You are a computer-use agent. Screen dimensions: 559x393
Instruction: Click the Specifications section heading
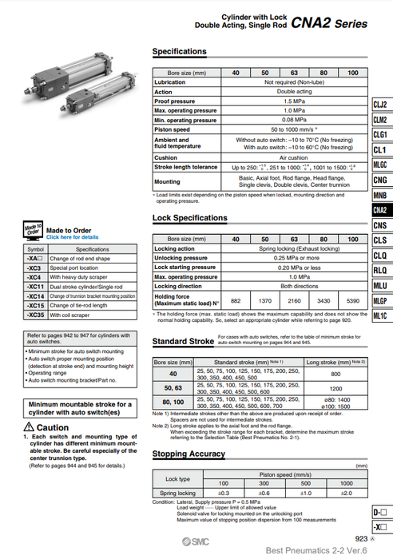179,52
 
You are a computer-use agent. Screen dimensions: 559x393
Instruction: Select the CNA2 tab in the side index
380,210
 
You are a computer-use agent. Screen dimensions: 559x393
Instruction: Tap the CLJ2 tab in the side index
380,105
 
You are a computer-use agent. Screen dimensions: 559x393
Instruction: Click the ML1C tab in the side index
380,315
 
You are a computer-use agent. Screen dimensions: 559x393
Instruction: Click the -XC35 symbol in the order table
35,315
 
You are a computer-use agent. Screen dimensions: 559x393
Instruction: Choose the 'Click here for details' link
73,237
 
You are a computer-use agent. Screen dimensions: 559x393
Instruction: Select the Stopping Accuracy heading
189,454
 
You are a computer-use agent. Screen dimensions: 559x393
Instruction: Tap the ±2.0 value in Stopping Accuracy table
346,493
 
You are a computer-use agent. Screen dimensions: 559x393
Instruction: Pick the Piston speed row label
172,129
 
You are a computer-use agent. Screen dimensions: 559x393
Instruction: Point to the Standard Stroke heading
183,342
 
